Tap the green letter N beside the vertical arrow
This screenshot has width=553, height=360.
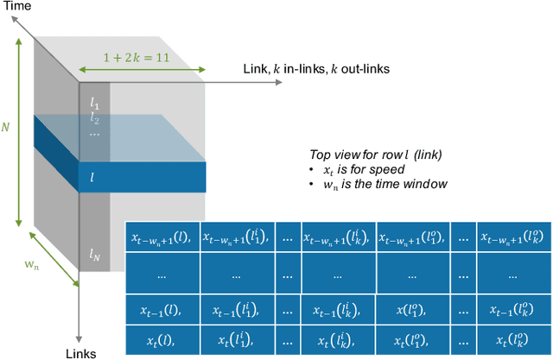[x=6, y=127]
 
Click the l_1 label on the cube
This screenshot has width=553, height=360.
[x=94, y=104]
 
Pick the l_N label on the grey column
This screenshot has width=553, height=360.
[x=94, y=254]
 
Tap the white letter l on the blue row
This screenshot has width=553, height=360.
[x=92, y=176]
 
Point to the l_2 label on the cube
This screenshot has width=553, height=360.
[x=94, y=120]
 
